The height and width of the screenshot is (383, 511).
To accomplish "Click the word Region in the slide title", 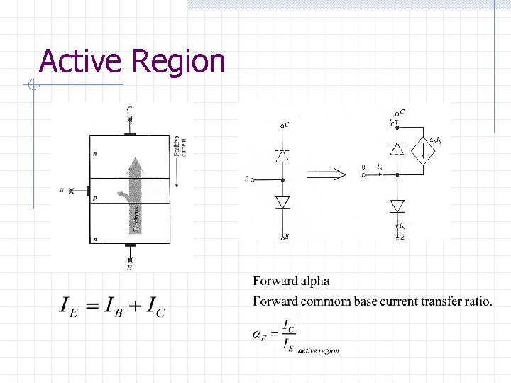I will coord(178,62).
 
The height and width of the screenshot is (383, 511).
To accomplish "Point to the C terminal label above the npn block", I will coord(129,109).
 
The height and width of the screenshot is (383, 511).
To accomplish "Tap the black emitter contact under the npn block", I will coord(129,245).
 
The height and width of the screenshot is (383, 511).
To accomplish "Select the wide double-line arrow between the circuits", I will coord(326,172).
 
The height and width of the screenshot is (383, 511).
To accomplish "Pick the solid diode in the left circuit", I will coord(283,202).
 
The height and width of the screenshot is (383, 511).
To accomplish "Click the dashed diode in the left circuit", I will coord(283,153).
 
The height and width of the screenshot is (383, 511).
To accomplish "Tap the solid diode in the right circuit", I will coord(397,206).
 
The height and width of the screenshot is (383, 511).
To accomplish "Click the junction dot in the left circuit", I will coord(283,180).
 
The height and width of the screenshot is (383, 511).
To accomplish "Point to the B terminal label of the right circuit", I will coord(363,167).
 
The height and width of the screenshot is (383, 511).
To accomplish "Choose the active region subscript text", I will coord(319,350).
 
